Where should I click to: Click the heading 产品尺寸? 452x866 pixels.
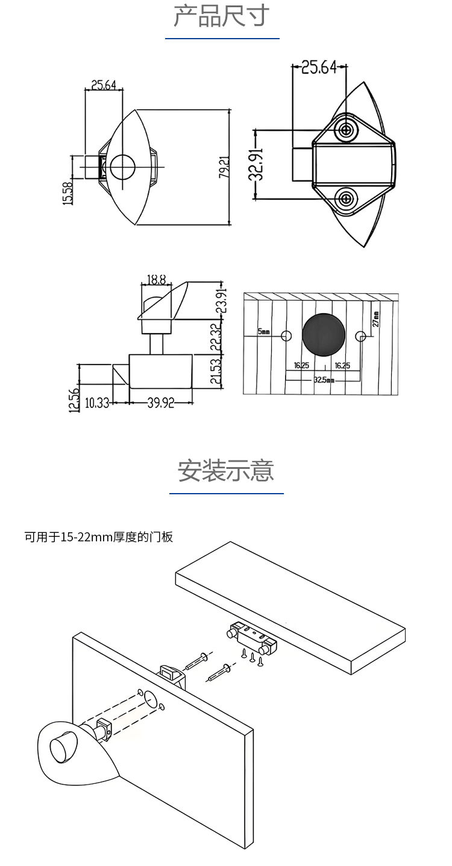[221, 16]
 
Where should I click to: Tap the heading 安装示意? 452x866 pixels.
[226, 471]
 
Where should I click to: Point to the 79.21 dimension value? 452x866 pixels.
[224, 168]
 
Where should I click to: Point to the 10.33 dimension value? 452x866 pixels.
[97, 403]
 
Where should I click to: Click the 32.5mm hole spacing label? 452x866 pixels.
[324, 380]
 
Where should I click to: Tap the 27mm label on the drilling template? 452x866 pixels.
[376, 319]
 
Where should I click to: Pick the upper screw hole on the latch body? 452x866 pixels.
[347, 129]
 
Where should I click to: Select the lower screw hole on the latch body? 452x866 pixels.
[347, 198]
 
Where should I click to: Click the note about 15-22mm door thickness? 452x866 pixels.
[99, 536]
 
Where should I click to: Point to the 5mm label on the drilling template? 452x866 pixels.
[264, 332]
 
